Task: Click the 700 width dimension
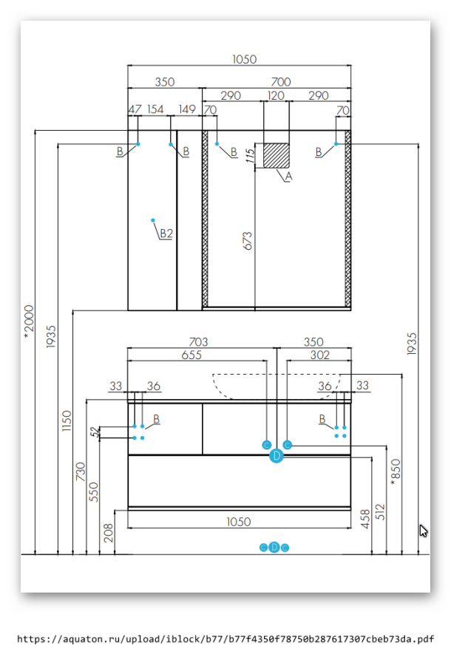(281, 82)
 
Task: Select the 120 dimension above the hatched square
(276, 96)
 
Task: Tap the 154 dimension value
(155, 110)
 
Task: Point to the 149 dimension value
(187, 110)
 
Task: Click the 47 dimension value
(135, 110)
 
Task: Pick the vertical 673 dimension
(248, 240)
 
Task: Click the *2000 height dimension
(30, 321)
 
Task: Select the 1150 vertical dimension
(67, 421)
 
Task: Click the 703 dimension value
(198, 342)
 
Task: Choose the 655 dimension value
(191, 355)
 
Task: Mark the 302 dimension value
(319, 355)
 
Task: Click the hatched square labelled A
(277, 155)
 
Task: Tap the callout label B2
(166, 233)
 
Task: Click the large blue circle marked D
(277, 456)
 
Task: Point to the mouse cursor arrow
(423, 530)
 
